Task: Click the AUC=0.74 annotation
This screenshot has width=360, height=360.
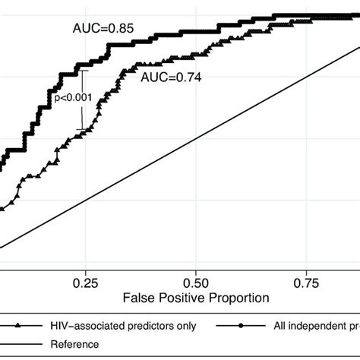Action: (x=169, y=77)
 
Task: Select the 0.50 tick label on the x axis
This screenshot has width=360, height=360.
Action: (x=196, y=282)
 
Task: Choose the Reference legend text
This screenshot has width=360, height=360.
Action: (x=75, y=344)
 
